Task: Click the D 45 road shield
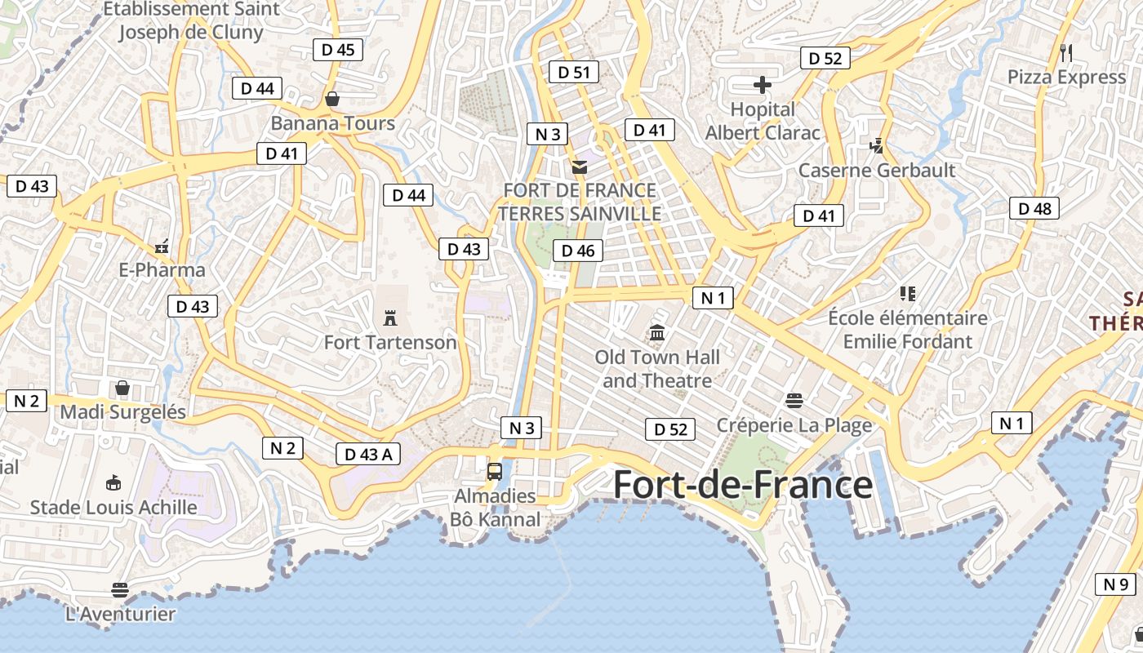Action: [x=337, y=50]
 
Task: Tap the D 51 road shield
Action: [x=573, y=72]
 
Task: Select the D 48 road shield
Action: [x=1034, y=208]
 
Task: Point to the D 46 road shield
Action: [x=578, y=251]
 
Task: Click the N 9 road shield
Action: [x=1115, y=584]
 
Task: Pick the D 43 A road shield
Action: [x=368, y=454]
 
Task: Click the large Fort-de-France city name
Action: [x=742, y=485]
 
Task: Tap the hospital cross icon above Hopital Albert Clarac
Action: [x=763, y=85]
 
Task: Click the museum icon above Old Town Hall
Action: [x=657, y=333]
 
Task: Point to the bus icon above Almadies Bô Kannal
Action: [x=495, y=471]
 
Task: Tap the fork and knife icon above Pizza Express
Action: [x=1066, y=53]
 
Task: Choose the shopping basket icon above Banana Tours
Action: [x=332, y=99]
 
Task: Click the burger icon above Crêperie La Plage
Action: [x=794, y=400]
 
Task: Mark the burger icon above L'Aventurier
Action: [x=120, y=589]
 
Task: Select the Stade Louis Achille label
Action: [x=113, y=507]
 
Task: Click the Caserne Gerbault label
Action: [x=877, y=170]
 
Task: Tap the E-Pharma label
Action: [x=162, y=269]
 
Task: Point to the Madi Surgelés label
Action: [x=123, y=411]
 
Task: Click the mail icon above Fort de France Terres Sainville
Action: [x=579, y=167]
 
